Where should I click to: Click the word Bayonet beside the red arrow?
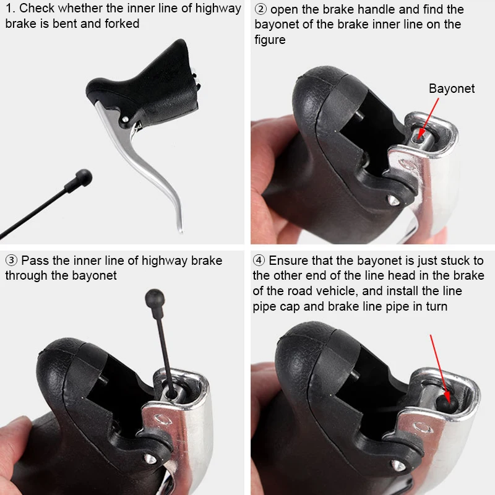point(452,88)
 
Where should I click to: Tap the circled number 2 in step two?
point(260,9)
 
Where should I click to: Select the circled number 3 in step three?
point(11,260)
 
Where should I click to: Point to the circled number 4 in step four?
point(259,260)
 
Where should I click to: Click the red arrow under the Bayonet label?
point(428,118)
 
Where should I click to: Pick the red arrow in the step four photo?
point(440,369)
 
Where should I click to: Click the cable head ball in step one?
point(84,177)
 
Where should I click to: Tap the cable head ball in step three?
point(155,298)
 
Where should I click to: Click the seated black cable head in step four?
point(446,405)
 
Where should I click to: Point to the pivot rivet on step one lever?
point(126,119)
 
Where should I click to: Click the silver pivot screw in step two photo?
point(392,199)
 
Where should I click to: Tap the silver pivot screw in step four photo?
point(397,465)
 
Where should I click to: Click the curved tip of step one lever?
point(180,230)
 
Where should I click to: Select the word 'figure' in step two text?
point(270,40)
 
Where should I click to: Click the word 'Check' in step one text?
point(37,9)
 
